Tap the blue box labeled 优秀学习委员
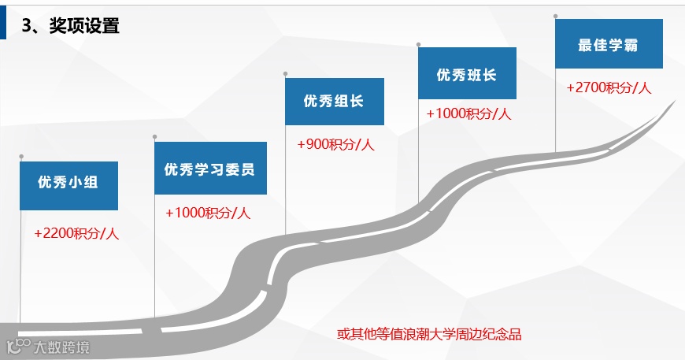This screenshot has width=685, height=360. pyautogui.click(x=210, y=169)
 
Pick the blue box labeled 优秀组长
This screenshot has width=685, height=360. pyautogui.click(x=334, y=102)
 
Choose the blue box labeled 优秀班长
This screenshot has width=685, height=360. pyautogui.click(x=467, y=74)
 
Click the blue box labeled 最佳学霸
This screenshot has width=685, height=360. pyautogui.click(x=609, y=45)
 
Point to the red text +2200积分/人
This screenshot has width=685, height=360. pyautogui.click(x=76, y=234)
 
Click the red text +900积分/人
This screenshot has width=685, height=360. pyautogui.click(x=335, y=145)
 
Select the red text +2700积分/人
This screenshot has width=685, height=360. pyautogui.click(x=609, y=88)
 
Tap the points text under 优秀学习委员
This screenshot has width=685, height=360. pyautogui.click(x=208, y=213)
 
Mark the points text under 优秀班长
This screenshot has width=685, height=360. pyautogui.click(x=468, y=113)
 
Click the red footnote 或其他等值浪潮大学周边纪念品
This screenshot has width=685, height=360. pyautogui.click(x=430, y=334)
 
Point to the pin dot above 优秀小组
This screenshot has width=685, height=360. pyautogui.click(x=21, y=156)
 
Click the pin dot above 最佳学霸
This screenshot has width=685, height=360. pyautogui.click(x=556, y=16)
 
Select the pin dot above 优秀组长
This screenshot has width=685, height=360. pyautogui.click(x=285, y=74)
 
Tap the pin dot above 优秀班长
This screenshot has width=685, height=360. pyautogui.click(x=418, y=44)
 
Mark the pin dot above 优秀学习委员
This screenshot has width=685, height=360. pyautogui.click(x=155, y=137)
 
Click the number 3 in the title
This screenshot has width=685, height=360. pyautogui.click(x=26, y=26)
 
